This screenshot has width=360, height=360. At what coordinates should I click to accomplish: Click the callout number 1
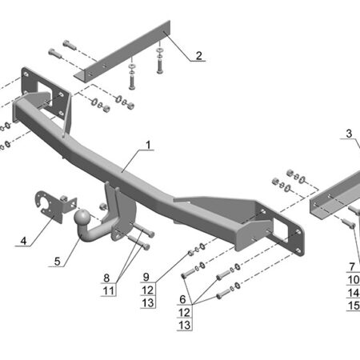[x=148, y=145]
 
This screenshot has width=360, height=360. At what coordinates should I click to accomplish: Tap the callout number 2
[x=199, y=56]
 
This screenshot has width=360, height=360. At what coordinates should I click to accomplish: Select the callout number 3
[x=349, y=134]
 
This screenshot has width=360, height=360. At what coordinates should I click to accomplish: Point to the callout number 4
[x=23, y=241]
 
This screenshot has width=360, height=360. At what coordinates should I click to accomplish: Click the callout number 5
[x=57, y=262]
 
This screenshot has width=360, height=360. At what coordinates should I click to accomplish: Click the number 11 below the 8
[x=109, y=290]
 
